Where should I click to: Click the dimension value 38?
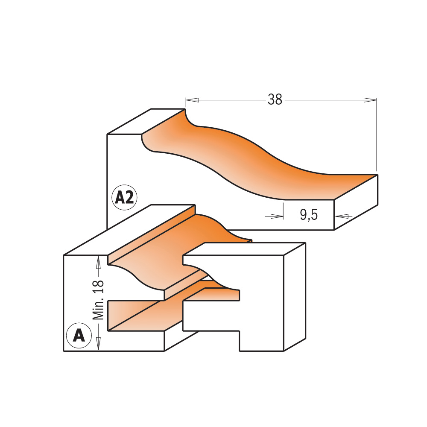(x=275, y=99)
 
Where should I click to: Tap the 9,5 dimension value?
(x=309, y=215)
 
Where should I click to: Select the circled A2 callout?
(x=124, y=197)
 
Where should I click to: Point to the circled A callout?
(x=79, y=336)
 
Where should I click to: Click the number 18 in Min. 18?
(x=99, y=287)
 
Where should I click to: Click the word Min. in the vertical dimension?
(x=98, y=308)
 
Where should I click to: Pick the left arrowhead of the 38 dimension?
(x=192, y=100)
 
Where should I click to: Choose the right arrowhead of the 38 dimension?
(x=370, y=100)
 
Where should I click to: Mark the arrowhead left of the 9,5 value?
(x=277, y=216)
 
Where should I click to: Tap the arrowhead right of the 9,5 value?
(x=341, y=216)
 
